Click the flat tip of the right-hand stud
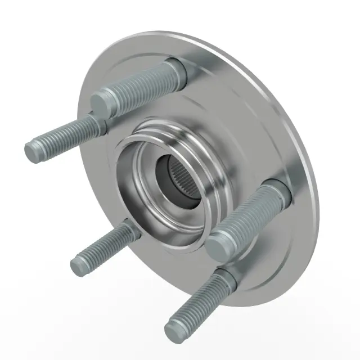219,246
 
